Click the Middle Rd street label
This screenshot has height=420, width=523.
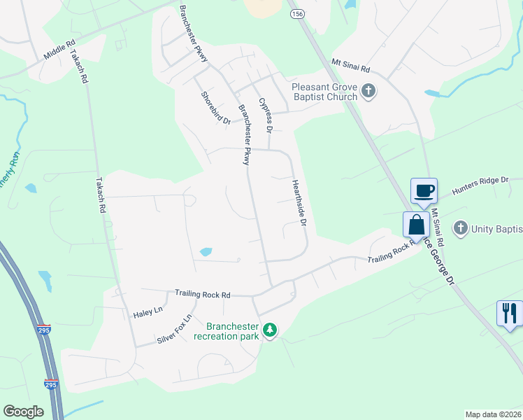(x=59, y=50)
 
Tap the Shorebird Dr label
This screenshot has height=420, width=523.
(x=215, y=108)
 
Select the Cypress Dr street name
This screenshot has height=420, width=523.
(x=265, y=115)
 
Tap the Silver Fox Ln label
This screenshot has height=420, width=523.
(x=174, y=328)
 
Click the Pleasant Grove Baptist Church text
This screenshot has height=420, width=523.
(x=324, y=92)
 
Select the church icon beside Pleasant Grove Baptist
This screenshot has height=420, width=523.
(x=368, y=91)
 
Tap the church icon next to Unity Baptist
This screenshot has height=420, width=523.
(x=460, y=227)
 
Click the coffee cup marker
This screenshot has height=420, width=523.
(x=424, y=190)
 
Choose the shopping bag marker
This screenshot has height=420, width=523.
(x=416, y=225)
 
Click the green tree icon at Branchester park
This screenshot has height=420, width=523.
(x=270, y=329)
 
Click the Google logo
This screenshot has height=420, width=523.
(x=24, y=412)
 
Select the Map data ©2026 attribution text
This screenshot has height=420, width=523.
(x=493, y=414)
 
